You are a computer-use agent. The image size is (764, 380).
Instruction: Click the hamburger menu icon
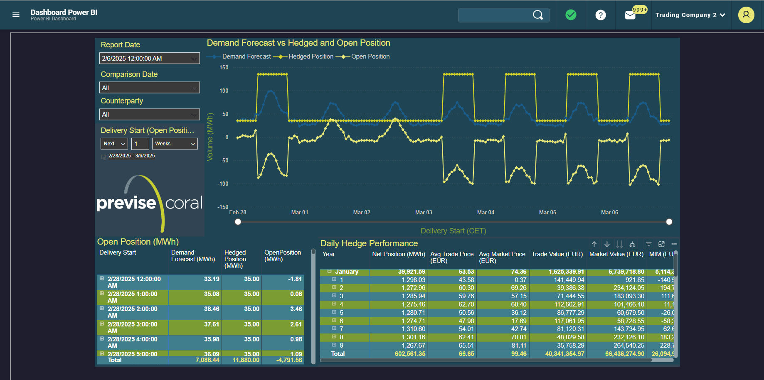click(16, 15)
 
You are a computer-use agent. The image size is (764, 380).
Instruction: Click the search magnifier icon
click(537, 15)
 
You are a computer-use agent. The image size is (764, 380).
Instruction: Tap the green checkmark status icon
click(571, 15)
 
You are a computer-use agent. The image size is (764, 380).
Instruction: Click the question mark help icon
click(600, 15)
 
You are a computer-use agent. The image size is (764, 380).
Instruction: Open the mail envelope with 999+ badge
click(630, 15)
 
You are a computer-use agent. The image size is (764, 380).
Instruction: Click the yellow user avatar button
click(746, 15)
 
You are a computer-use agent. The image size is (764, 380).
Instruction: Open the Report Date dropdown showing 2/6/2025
click(149, 59)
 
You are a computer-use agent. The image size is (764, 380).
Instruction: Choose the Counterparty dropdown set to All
click(149, 115)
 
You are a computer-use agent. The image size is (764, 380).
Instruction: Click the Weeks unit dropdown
click(175, 144)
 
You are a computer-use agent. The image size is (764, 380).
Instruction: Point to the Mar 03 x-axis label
click(423, 212)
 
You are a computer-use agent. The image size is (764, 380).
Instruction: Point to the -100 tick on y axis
click(223, 184)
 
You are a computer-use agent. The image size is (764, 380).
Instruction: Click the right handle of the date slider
click(669, 222)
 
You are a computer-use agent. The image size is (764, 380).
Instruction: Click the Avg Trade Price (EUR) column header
click(451, 257)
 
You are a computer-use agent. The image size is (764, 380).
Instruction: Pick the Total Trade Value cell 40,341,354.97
click(564, 354)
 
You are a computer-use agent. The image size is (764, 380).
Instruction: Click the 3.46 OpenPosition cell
click(296, 309)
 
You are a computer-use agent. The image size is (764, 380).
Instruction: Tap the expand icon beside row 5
click(334, 312)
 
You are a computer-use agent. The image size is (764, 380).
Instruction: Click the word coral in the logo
click(184, 203)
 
